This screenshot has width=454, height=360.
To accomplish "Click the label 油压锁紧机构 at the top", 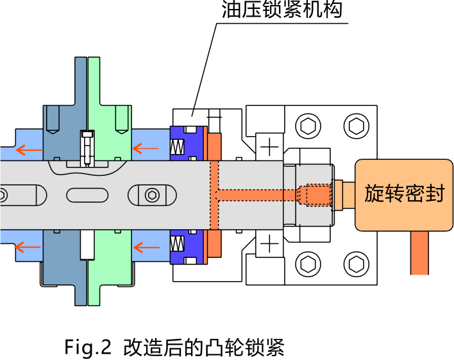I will (x=282, y=11).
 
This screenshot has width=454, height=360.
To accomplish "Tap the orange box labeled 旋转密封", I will (x=404, y=194).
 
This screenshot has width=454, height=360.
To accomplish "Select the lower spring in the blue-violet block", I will (x=176, y=243).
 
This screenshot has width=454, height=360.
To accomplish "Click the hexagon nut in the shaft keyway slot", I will (x=151, y=194).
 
